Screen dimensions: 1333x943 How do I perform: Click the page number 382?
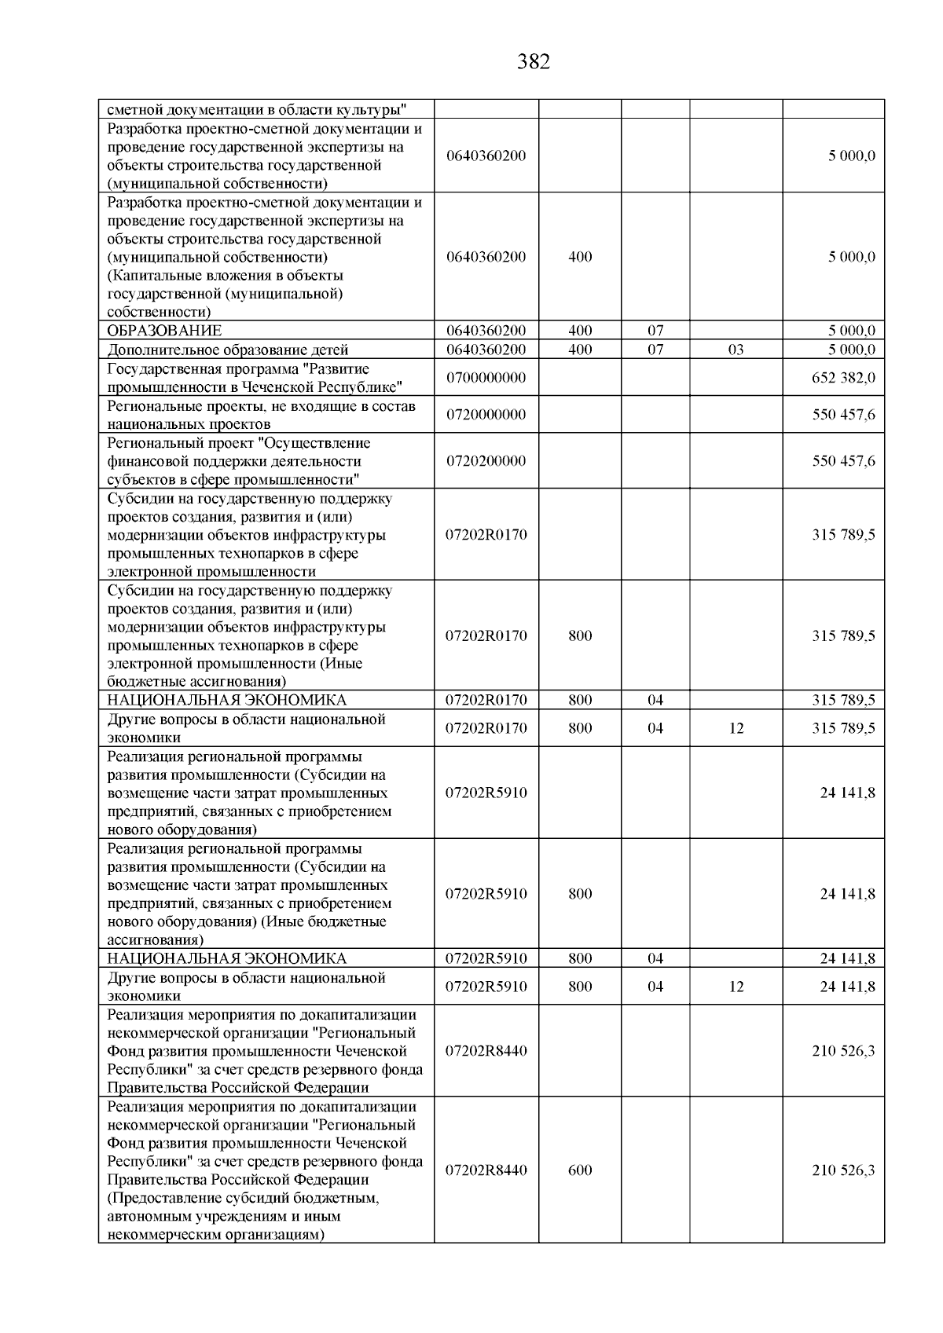click(x=534, y=62)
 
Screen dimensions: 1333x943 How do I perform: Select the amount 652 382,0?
click(x=843, y=378)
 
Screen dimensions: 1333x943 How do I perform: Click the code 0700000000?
click(x=486, y=378)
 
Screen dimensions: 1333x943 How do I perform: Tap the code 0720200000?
click(x=486, y=461)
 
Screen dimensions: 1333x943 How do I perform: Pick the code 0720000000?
click(x=486, y=415)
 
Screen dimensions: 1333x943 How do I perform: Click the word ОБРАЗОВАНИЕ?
click(x=164, y=331)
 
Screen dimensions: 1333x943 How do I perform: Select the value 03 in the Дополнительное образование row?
click(x=736, y=350)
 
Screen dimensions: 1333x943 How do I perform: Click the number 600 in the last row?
click(x=580, y=1170)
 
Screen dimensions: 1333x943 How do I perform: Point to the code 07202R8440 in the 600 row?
click(x=486, y=1170)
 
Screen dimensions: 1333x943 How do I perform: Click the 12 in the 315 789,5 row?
click(x=736, y=728)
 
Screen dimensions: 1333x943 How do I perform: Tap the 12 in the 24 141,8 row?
click(x=736, y=987)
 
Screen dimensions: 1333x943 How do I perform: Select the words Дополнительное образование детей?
click(x=228, y=350)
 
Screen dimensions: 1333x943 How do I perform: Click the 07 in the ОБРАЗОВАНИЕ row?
click(x=655, y=331)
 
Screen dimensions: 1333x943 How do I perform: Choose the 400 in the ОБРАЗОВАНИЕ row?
click(x=580, y=331)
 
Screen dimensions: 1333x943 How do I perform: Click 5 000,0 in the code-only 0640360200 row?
click(x=851, y=156)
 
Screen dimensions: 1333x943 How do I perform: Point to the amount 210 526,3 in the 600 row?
click(x=843, y=1170)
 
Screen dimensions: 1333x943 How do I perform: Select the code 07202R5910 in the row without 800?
click(x=486, y=793)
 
